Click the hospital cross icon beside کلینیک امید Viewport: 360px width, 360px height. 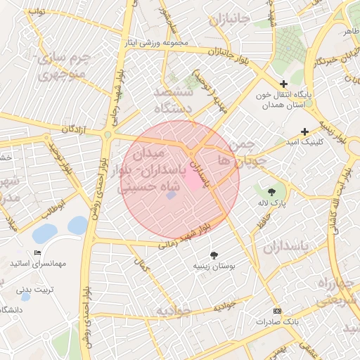[x=304, y=131]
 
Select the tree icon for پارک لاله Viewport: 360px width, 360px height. [x=272, y=191]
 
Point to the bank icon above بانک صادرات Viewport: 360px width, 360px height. [x=276, y=311]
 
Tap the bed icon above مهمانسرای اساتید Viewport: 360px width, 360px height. [x=37, y=253]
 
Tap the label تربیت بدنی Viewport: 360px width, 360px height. [x=34, y=288]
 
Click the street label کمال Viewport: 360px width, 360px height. [x=143, y=265]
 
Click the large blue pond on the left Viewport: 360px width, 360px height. [x=46, y=233]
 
